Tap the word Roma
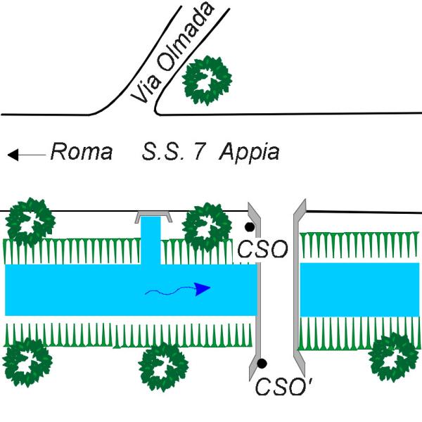point(81,152)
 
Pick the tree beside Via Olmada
point(206,79)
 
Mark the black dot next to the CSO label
point(249,228)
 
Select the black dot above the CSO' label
point(262,364)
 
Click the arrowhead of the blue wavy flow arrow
point(203,288)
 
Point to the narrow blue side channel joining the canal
point(151,239)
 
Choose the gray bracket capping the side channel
point(155,215)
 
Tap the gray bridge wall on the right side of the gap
point(298,288)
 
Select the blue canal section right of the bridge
point(359,289)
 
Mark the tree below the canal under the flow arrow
point(163,366)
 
